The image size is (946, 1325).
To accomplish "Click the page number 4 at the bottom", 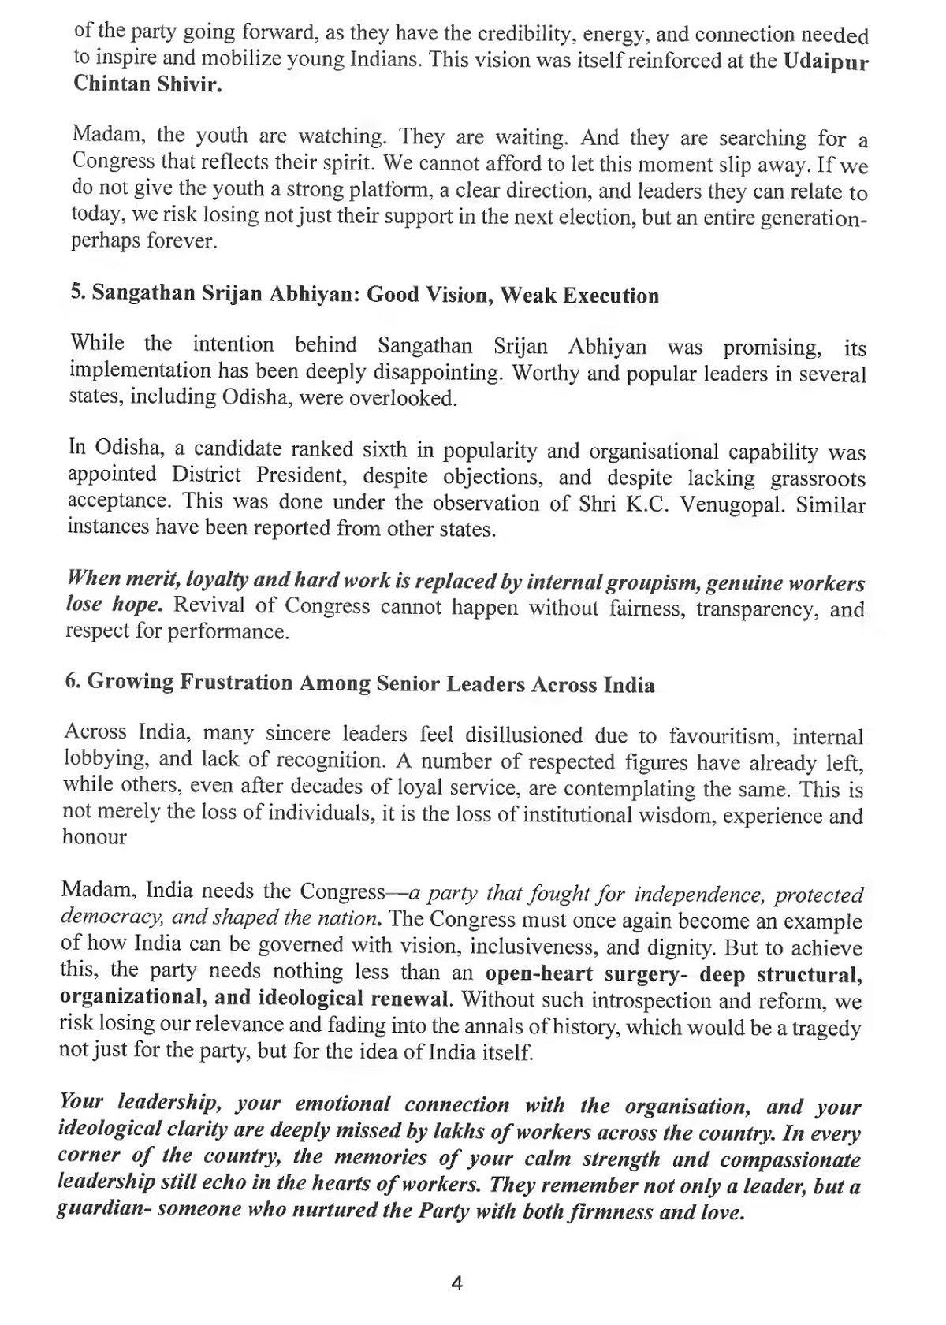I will [x=456, y=1283].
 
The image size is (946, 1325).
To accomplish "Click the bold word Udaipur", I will [x=826, y=62].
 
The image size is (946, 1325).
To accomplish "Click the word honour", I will [x=94, y=837].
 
